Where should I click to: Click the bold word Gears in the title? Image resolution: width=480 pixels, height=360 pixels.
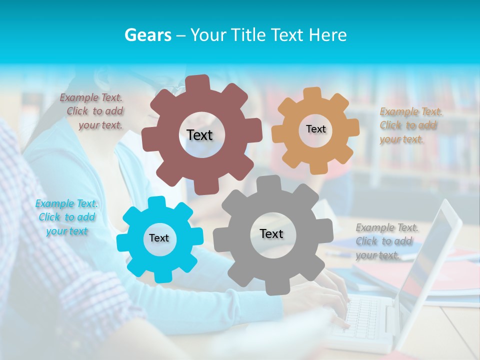click(x=147, y=34)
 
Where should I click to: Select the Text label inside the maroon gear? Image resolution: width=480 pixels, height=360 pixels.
click(x=199, y=135)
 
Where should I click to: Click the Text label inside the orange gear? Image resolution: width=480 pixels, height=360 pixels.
click(x=315, y=129)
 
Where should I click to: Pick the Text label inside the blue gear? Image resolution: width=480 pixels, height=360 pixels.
click(x=159, y=238)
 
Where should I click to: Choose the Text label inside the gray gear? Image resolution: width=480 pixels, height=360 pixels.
click(x=271, y=234)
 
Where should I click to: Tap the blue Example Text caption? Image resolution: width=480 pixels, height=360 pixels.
click(x=66, y=217)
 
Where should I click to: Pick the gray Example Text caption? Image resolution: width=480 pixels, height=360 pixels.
click(x=387, y=241)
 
